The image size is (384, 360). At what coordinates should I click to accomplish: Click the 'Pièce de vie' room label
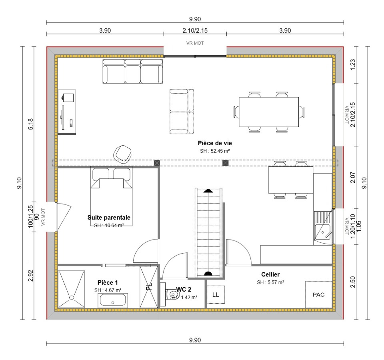(x=215, y=143)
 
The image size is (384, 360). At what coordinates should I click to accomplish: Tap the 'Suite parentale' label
(x=109, y=218)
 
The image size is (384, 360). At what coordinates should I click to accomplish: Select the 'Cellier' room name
(x=270, y=274)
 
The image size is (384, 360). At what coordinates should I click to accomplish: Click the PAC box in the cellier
(x=319, y=295)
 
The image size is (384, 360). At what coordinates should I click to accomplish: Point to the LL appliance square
(x=216, y=295)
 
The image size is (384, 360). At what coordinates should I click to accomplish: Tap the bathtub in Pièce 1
(x=113, y=300)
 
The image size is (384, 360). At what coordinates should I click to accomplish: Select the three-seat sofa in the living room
(x=132, y=71)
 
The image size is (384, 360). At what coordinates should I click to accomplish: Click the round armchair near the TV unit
(x=123, y=154)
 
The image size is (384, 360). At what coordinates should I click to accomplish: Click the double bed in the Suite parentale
(x=112, y=196)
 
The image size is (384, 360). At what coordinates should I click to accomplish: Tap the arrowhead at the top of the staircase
(x=208, y=190)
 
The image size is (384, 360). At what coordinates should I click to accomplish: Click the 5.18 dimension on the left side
(x=31, y=124)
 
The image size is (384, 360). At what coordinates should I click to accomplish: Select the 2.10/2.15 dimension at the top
(x=195, y=31)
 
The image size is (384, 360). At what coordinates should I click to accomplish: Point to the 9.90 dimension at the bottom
(x=195, y=340)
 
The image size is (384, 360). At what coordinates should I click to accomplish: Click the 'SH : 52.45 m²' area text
(x=215, y=151)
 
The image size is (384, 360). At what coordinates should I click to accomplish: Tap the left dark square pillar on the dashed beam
(x=157, y=163)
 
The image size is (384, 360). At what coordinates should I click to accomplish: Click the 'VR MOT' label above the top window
(x=195, y=43)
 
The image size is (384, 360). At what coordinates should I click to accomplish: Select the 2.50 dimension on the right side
(x=353, y=282)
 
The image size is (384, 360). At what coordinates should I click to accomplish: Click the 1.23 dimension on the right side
(x=353, y=65)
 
